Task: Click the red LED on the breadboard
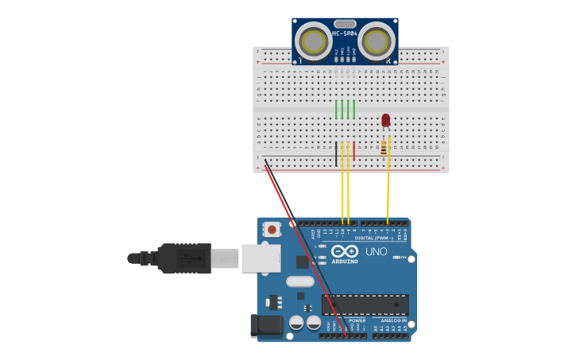[x=386, y=120]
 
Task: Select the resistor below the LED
[x=384, y=147]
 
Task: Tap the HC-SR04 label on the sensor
[x=344, y=33]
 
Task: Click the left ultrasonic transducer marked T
[x=313, y=40]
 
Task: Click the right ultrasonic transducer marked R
[x=376, y=40]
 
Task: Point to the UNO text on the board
[x=377, y=252]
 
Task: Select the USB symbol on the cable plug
[x=185, y=258]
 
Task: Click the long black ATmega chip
[x=365, y=304]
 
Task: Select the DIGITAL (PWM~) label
[x=375, y=238]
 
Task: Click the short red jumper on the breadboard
[x=354, y=151]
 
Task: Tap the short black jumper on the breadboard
[x=335, y=151]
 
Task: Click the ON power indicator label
[x=404, y=257]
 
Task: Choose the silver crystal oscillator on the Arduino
[x=300, y=281]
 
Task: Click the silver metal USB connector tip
[x=225, y=258]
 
